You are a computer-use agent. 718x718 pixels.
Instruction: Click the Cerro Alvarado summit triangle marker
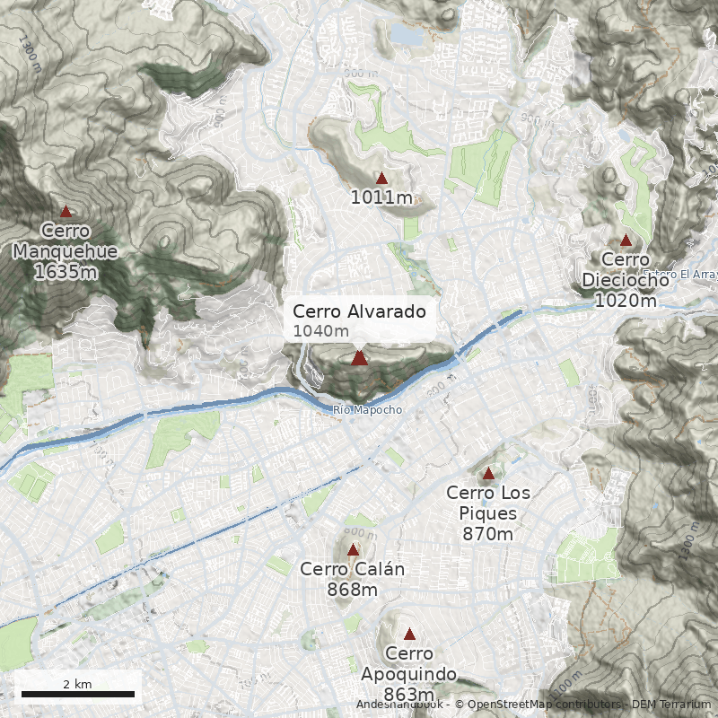point(359,357)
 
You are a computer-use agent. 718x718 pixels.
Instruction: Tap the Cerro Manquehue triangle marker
point(66,211)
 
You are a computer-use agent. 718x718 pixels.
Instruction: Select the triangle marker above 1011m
point(381,178)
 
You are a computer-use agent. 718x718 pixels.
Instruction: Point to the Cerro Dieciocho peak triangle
point(626,240)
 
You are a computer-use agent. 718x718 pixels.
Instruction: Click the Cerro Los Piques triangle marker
point(488,473)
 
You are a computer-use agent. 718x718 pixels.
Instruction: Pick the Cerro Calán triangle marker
point(353,549)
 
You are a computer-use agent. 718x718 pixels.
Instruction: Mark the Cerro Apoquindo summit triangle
point(409,634)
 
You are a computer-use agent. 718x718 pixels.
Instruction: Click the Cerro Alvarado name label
point(359,311)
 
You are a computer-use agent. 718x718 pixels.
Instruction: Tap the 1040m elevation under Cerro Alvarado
point(320,331)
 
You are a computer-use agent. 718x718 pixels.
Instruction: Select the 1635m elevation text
point(66,271)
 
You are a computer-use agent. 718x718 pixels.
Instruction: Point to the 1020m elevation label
point(626,300)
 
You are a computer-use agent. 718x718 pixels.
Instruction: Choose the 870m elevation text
point(488,534)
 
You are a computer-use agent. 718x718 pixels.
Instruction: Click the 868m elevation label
point(353,590)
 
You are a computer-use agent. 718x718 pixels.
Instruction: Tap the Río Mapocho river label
point(367,410)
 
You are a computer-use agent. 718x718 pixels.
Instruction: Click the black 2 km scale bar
point(77,694)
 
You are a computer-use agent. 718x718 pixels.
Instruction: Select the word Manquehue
point(66,251)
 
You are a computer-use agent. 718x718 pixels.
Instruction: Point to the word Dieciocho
point(626,279)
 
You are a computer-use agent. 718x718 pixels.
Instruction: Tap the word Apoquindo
point(409,674)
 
